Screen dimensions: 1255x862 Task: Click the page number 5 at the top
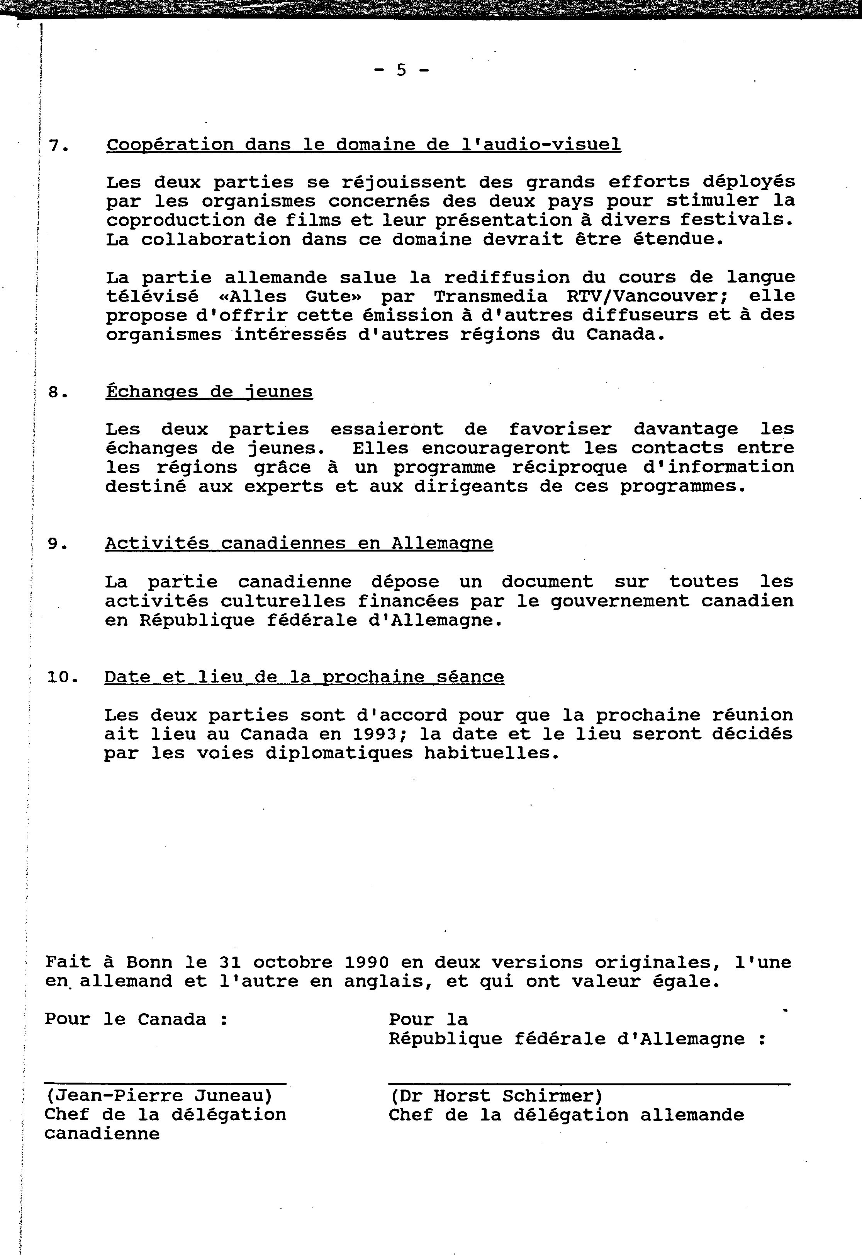[401, 70]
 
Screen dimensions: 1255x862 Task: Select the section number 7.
[58, 146]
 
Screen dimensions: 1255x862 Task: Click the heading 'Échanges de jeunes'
[209, 391]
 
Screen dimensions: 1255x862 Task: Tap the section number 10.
[63, 677]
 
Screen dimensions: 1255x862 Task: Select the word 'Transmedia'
[490, 296]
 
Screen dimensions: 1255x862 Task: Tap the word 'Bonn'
[149, 962]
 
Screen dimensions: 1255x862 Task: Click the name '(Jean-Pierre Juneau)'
[159, 1095]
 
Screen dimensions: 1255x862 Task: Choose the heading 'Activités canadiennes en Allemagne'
[299, 543]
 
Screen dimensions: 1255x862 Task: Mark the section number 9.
[58, 544]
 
